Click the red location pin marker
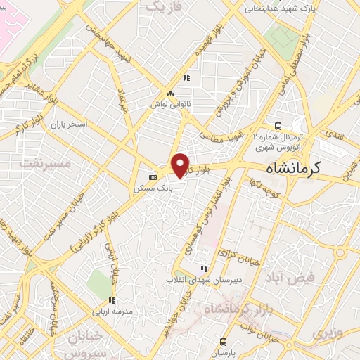point(181,165)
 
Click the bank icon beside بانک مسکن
point(153,176)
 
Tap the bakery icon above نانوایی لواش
point(169,93)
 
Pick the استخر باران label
point(67,124)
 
